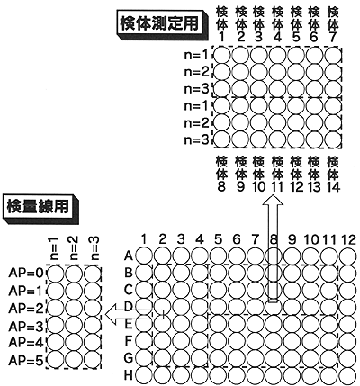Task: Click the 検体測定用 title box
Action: coord(161,24)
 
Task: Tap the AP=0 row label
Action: coord(26,274)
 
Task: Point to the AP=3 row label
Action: coord(26,326)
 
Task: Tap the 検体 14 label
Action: coord(333,175)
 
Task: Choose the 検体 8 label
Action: coord(221,175)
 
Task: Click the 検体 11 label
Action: coord(277,175)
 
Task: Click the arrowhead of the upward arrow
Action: coord(273,201)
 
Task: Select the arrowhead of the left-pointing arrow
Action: coord(111,314)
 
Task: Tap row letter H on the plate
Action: coord(129,375)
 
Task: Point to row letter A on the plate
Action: coord(129,256)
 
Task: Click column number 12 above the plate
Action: coord(348,240)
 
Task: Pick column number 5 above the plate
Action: coord(219,240)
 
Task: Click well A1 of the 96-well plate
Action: coord(144,256)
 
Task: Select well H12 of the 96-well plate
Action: coord(349,375)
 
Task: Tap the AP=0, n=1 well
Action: coord(56,274)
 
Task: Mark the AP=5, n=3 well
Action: coord(93,360)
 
